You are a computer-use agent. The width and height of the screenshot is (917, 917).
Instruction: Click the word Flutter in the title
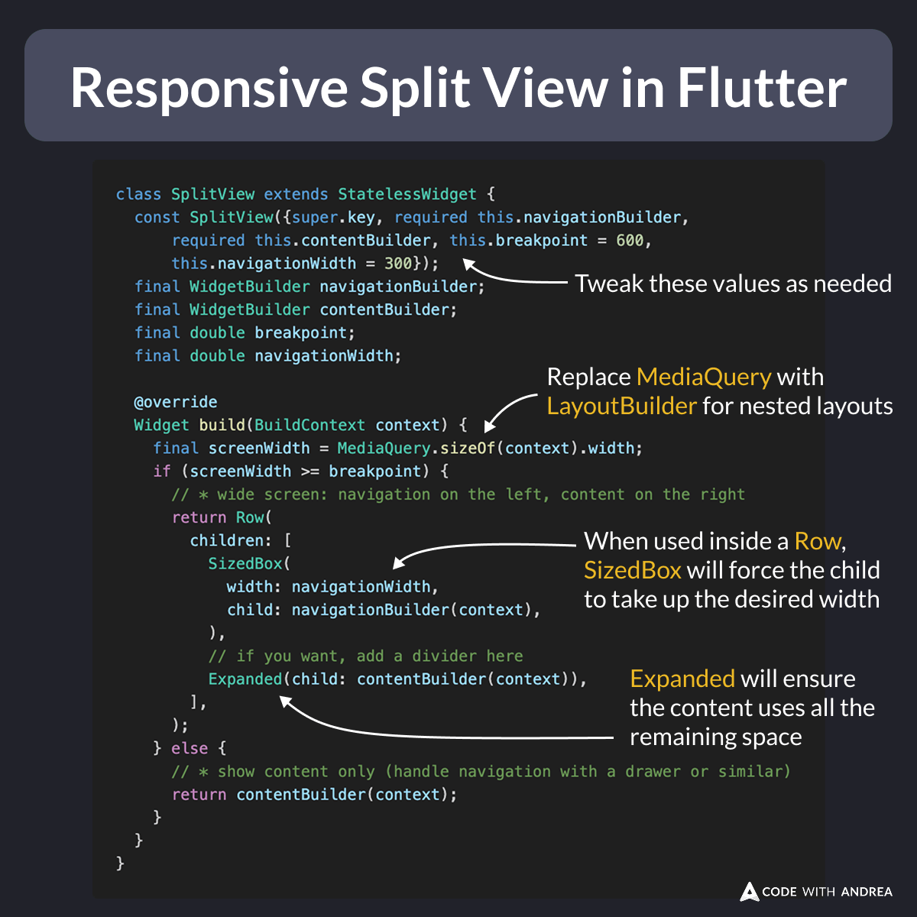click(762, 87)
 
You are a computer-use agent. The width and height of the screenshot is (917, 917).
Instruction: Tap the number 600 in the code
click(630, 240)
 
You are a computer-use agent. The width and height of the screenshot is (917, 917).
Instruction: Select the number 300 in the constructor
click(398, 263)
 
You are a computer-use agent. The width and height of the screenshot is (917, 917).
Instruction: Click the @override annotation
click(176, 402)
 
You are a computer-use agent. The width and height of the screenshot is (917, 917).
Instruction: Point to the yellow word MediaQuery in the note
click(704, 377)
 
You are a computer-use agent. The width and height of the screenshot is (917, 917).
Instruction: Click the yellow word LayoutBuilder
click(621, 406)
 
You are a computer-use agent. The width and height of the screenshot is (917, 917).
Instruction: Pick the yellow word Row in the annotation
click(817, 541)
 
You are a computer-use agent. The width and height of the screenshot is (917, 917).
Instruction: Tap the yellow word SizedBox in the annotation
click(632, 570)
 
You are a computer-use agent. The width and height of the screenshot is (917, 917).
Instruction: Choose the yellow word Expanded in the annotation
click(682, 679)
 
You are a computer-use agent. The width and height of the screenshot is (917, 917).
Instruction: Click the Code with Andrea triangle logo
click(750, 891)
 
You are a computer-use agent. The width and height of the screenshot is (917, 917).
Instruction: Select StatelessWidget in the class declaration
click(407, 194)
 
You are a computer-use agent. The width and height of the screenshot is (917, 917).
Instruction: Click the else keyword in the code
click(190, 748)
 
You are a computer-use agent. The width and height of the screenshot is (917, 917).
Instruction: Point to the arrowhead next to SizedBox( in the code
click(398, 564)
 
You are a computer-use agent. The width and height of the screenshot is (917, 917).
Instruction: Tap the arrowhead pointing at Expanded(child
click(285, 700)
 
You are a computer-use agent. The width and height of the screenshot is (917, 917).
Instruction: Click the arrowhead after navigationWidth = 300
click(468, 265)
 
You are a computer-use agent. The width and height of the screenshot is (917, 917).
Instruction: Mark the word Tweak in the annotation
click(604, 284)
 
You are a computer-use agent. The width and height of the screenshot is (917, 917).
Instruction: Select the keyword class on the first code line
click(138, 194)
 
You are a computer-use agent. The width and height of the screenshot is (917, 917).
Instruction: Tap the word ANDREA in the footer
click(867, 892)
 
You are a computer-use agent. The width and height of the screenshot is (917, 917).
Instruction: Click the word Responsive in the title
click(209, 87)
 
